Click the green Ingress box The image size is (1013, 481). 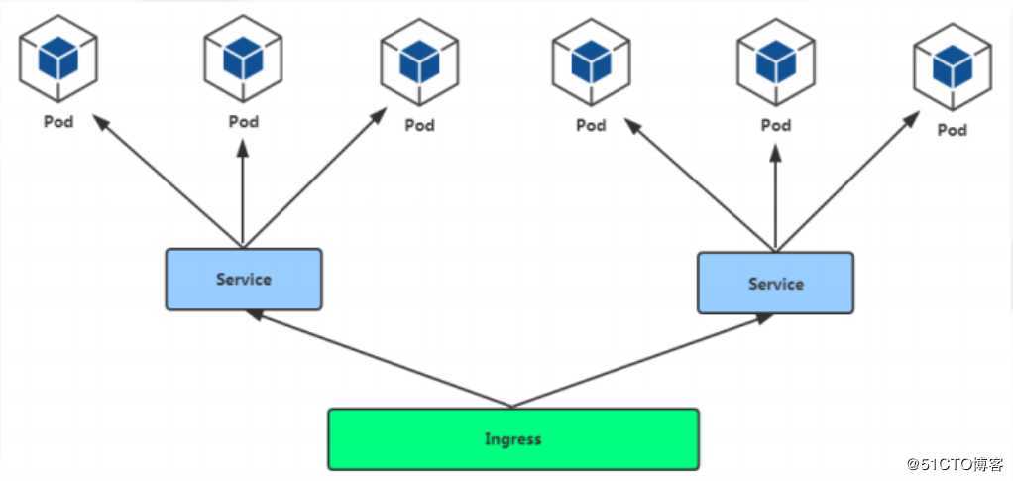click(x=512, y=438)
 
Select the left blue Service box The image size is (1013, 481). click(x=243, y=279)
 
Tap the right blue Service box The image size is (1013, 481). click(x=775, y=284)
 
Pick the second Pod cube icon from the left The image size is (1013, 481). click(x=243, y=59)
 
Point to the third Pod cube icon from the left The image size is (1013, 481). click(x=419, y=62)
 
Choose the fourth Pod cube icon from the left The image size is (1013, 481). click(x=591, y=62)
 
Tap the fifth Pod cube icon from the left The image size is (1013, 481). click(x=775, y=62)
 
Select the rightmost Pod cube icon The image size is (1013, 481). click(x=952, y=65)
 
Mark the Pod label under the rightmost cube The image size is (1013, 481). click(x=952, y=130)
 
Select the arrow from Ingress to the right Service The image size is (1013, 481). click(x=642, y=361)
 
